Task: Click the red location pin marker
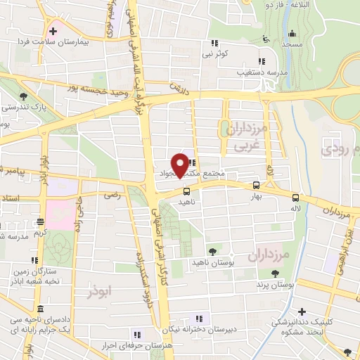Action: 181,165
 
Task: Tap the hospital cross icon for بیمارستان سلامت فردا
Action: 53,32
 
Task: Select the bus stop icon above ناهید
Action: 186,191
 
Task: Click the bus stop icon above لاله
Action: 295,198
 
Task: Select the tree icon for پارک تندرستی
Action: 24,96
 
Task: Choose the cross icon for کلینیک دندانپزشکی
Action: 302,311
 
